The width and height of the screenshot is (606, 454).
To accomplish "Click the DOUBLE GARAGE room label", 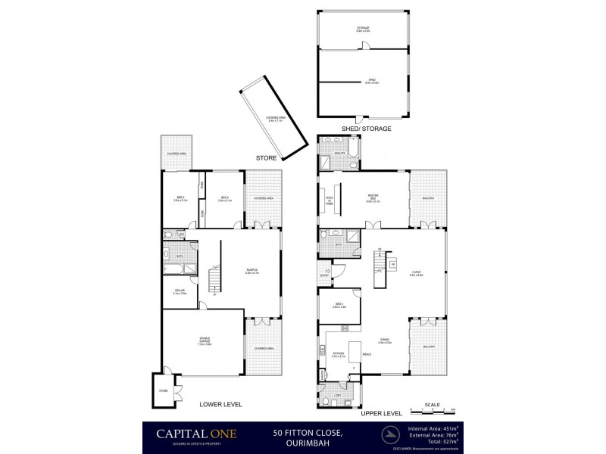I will [x=205, y=340].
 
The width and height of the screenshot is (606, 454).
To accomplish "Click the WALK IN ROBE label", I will [x=330, y=202].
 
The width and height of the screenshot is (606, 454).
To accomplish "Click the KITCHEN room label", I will [x=339, y=353].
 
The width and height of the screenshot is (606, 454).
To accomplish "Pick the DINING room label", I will [x=385, y=340].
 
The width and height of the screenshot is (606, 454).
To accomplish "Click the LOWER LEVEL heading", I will [x=220, y=405].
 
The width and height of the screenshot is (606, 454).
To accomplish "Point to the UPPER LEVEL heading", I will [x=381, y=414].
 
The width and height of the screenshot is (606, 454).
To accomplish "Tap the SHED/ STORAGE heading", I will [x=367, y=129].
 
